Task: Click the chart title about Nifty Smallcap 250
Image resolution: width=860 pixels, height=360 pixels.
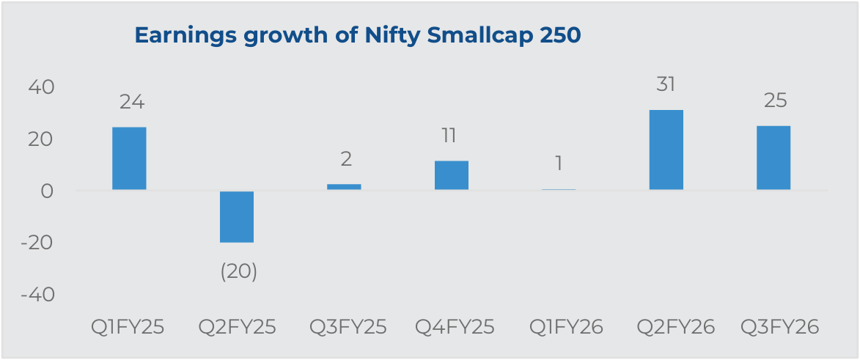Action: point(357,36)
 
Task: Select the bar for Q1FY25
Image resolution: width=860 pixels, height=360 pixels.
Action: point(129,158)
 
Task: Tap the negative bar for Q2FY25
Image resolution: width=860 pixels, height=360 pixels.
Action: point(237,216)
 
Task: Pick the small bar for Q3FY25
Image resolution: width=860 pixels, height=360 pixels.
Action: point(344,187)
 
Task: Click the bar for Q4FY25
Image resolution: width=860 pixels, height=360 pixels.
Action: point(452,175)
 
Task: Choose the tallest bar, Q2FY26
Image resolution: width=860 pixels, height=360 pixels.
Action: point(666,150)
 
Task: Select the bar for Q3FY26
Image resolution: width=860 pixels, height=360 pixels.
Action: point(773,158)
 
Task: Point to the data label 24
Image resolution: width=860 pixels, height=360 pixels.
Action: point(131,102)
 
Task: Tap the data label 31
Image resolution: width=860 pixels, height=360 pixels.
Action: point(666,84)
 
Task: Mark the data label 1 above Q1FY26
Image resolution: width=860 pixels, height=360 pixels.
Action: point(559,163)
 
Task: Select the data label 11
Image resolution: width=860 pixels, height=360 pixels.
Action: point(449,136)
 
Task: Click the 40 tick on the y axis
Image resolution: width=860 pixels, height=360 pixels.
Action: point(42,87)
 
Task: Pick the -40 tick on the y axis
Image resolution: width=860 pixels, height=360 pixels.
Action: point(38,294)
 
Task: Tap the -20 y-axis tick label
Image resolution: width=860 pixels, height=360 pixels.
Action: point(38,242)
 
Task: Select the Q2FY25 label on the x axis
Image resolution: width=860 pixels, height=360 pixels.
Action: point(238,327)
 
